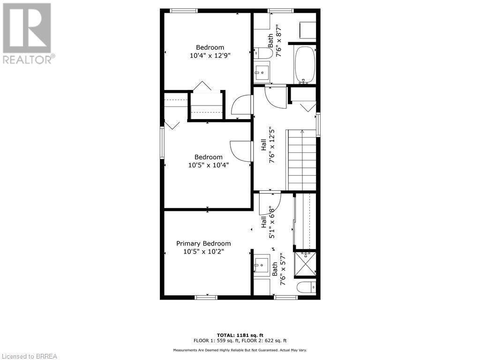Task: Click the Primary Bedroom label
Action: (203, 243)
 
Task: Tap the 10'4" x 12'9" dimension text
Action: (210, 55)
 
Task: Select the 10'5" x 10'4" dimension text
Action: (209, 165)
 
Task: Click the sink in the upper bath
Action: (262, 72)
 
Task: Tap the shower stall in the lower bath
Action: (305, 263)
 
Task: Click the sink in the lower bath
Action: (262, 265)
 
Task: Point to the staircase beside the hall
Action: (301, 159)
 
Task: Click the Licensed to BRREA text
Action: (29, 356)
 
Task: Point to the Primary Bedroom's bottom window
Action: (206, 297)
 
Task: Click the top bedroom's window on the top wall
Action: (184, 10)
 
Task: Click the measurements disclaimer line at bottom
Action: (240, 350)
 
